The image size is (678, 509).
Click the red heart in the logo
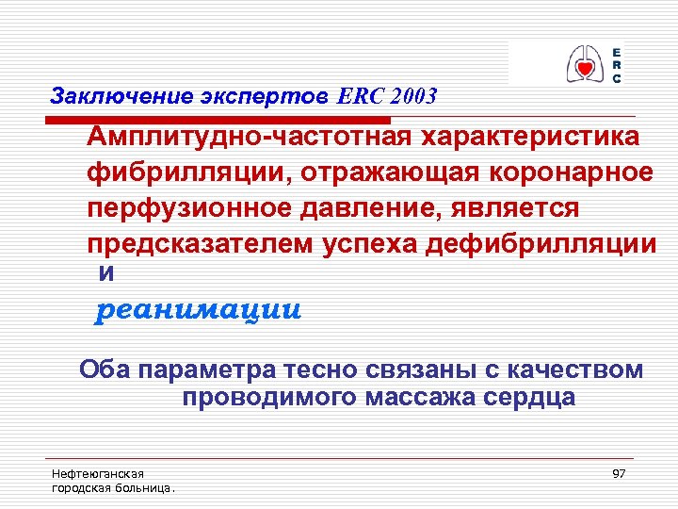(585, 65)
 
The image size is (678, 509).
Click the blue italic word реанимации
(200, 310)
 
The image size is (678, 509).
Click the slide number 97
(619, 473)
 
